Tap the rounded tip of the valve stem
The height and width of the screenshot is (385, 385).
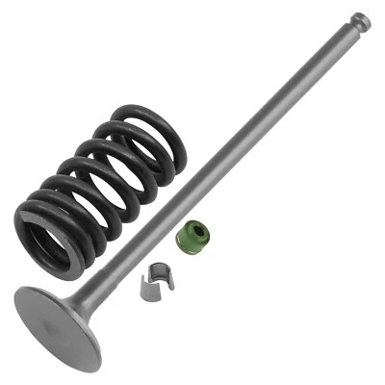coord(361,18)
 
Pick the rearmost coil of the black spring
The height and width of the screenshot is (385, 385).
coord(154,125)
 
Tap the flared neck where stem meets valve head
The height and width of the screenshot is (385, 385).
coord(92,298)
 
